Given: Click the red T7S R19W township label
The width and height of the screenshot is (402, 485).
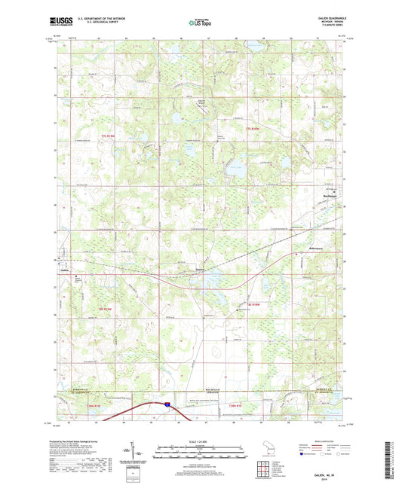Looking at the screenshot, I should tap(109, 130).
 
